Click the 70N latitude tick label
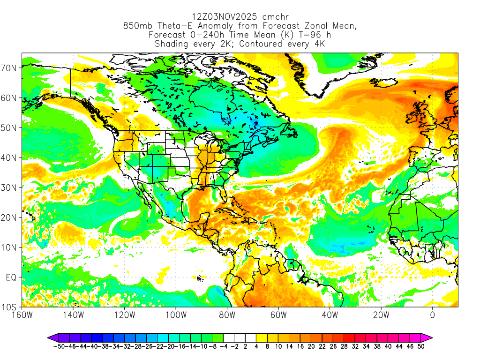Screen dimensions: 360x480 10,68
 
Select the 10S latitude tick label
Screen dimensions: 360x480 10,307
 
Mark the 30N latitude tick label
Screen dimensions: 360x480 10,187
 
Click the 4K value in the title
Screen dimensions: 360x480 319,44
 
